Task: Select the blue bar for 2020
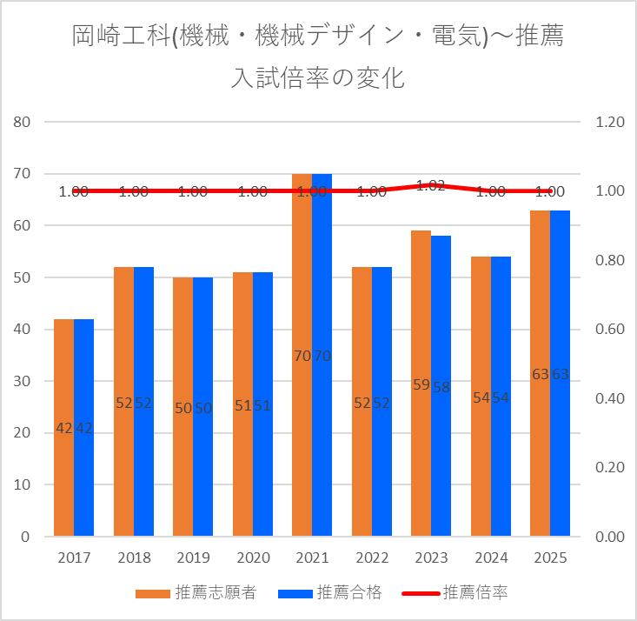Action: (262, 470)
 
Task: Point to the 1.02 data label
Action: (431, 184)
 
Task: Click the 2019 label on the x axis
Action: (193, 558)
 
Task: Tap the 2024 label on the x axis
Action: (490, 558)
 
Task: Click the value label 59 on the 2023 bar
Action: (421, 384)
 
